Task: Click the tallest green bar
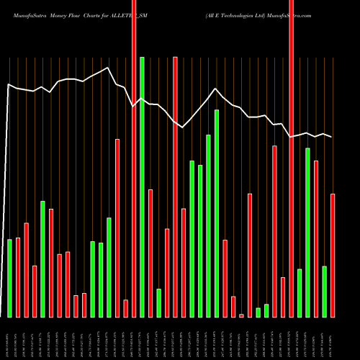tap(142, 187)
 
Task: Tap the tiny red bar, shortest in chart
tap(242, 315)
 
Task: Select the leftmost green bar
tap(10, 278)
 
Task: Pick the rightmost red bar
tap(333, 256)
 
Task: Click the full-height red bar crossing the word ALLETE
tap(134, 158)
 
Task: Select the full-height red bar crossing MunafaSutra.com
tap(292, 158)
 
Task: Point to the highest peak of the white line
tap(108, 68)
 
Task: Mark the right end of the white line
tap(332, 137)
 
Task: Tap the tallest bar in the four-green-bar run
tap(217, 213)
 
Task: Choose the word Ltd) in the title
tap(259, 14)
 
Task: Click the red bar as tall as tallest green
tap(175, 187)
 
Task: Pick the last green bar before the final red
tap(324, 292)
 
